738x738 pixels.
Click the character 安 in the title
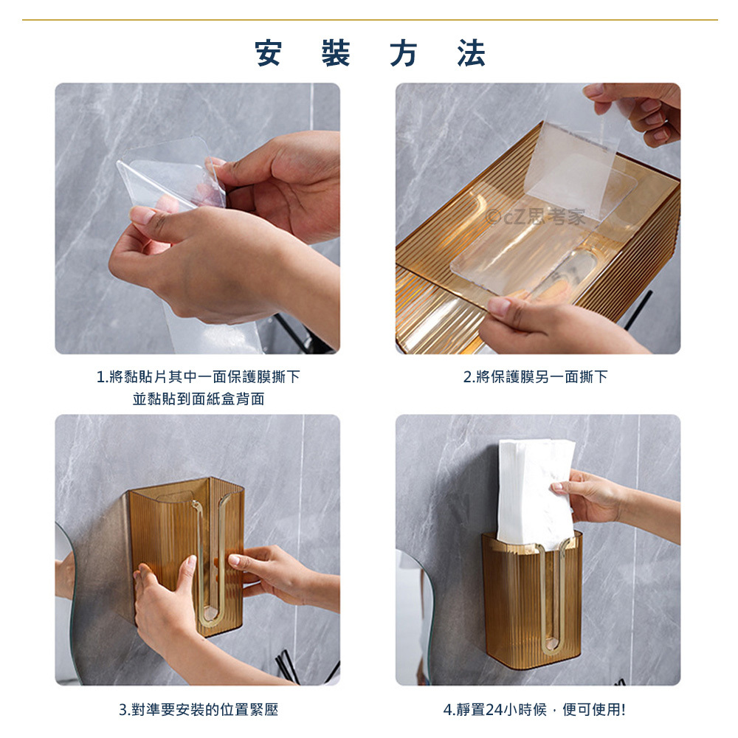point(269,53)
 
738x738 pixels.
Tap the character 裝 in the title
point(336,53)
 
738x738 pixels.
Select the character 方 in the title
point(404,53)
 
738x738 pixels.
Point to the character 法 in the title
point(471,53)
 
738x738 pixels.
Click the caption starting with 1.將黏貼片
point(198,376)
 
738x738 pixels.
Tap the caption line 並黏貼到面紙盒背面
point(198,399)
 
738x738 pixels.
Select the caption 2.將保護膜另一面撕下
point(536,376)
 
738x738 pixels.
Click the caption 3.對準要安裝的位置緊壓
point(198,709)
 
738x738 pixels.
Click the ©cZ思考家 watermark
point(536,217)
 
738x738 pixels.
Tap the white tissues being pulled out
point(536,492)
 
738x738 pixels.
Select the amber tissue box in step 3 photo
point(187,556)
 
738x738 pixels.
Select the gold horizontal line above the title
point(370,20)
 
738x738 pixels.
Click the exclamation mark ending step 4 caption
point(623,710)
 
